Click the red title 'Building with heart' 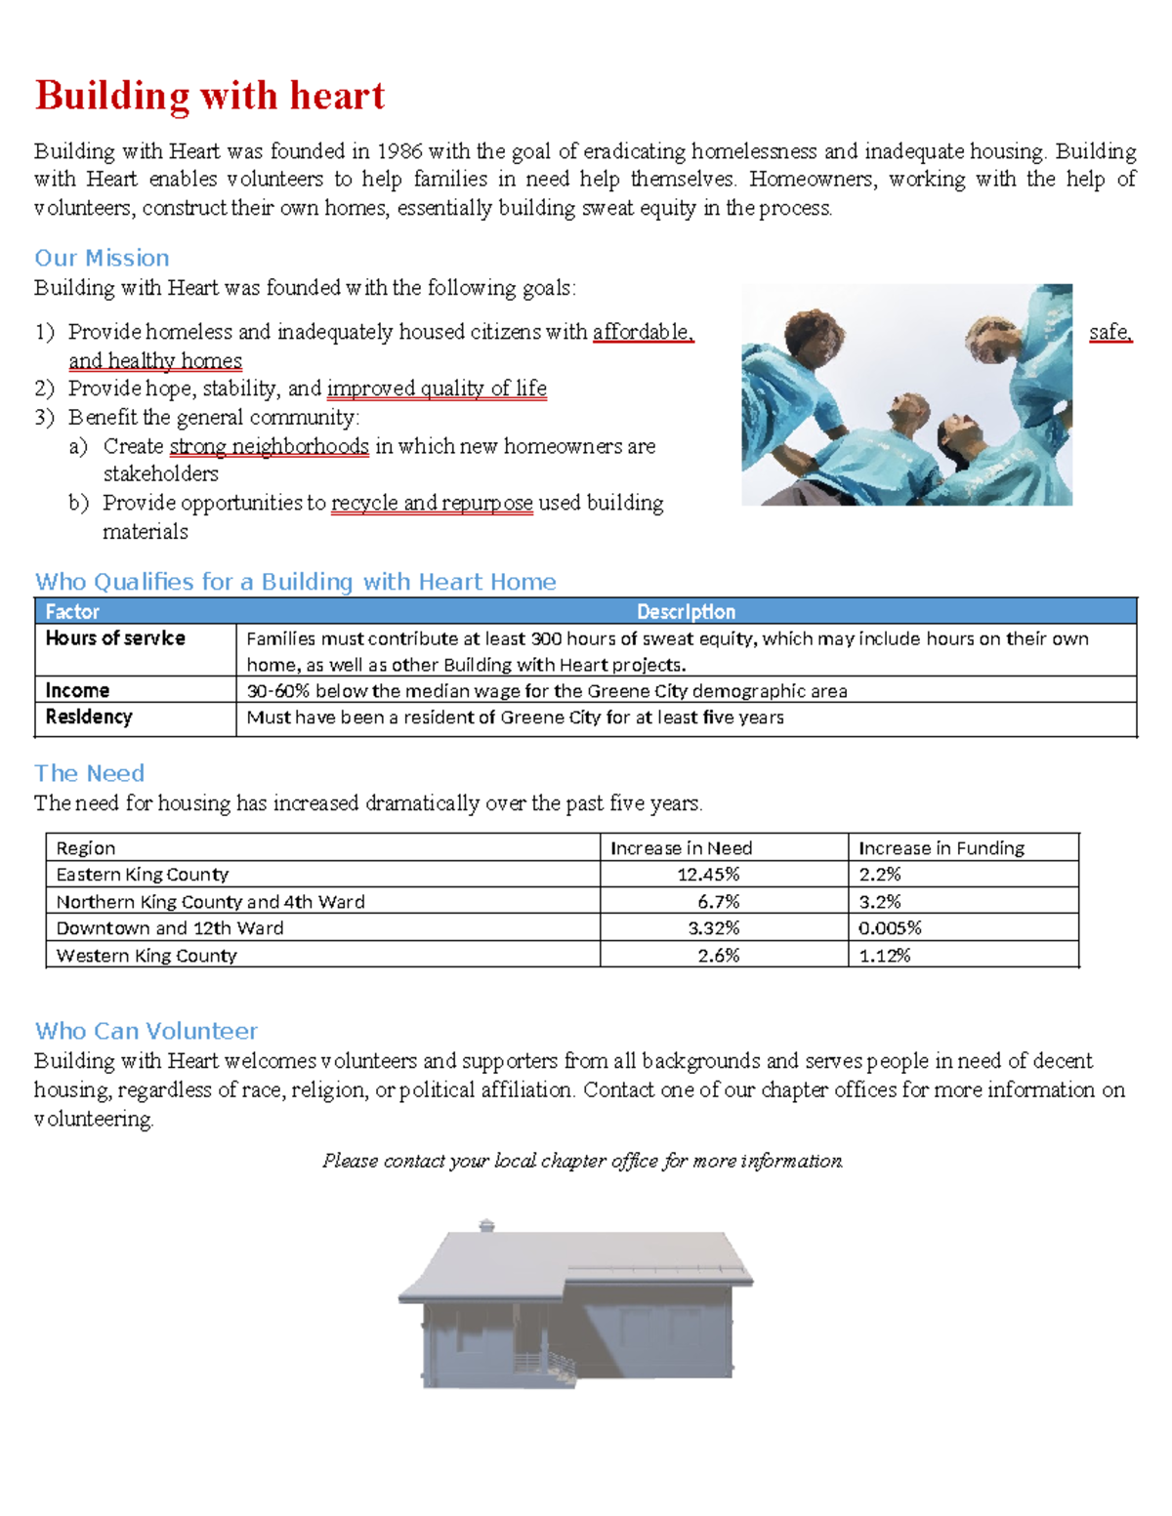(x=210, y=96)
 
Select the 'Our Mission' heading (x=102, y=258)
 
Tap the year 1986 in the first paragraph (x=398, y=151)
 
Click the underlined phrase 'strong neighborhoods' (x=269, y=446)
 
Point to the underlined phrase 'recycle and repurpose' (x=432, y=503)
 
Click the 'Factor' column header (x=72, y=611)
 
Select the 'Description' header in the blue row (x=686, y=611)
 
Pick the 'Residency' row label (x=89, y=717)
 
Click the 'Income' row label (x=77, y=690)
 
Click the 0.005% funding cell (x=890, y=927)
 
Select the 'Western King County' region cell (x=146, y=955)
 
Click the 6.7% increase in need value (x=718, y=901)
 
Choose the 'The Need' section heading (x=89, y=773)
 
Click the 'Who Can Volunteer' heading (x=146, y=1031)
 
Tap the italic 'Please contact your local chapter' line (x=582, y=1161)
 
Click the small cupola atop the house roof (x=486, y=1225)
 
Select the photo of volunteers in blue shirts (x=906, y=394)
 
